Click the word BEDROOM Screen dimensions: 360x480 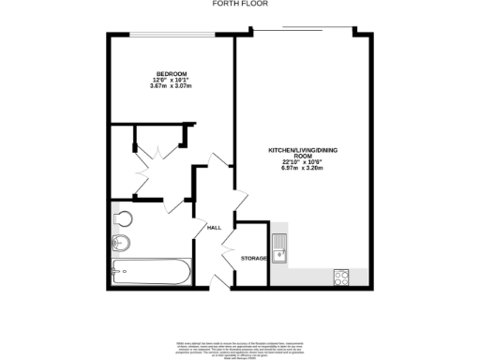pyautogui.click(x=171, y=74)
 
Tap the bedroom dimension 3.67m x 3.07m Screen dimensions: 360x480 pyautogui.click(x=171, y=86)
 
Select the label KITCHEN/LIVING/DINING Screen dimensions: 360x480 pyautogui.click(x=303, y=151)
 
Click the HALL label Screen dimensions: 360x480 pyautogui.click(x=214, y=227)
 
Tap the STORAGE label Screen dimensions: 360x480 pyautogui.click(x=254, y=258)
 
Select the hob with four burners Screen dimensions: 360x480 pyautogui.click(x=342, y=277)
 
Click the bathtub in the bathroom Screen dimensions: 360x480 pyautogui.click(x=151, y=274)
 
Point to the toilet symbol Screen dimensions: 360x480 pyautogui.click(x=121, y=219)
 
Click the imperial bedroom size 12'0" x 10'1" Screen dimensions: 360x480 pyautogui.click(x=171, y=81)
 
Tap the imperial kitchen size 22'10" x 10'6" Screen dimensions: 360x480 pyautogui.click(x=303, y=163)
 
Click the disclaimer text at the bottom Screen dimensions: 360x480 pyautogui.click(x=240, y=346)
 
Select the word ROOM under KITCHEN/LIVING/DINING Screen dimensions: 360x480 pyautogui.click(x=303, y=157)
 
